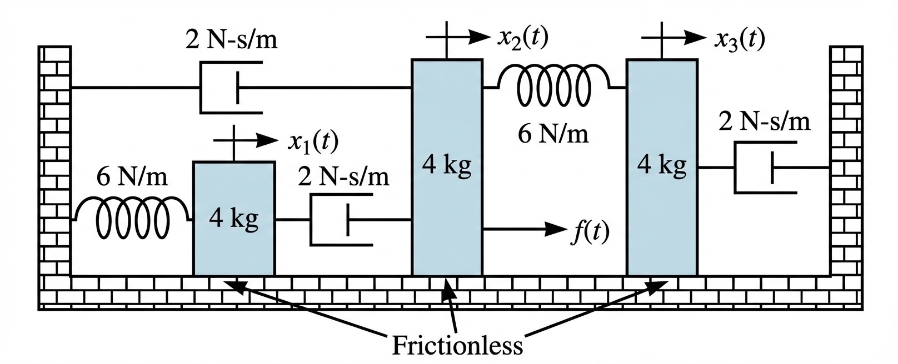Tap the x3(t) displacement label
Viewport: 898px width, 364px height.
click(739, 39)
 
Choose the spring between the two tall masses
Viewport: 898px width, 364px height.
click(554, 87)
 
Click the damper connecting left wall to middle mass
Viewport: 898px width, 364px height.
click(231, 87)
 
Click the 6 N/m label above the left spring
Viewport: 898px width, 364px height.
click(132, 178)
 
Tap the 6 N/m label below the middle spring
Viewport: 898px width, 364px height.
click(553, 134)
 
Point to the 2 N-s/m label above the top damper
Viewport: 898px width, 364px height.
click(231, 41)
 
